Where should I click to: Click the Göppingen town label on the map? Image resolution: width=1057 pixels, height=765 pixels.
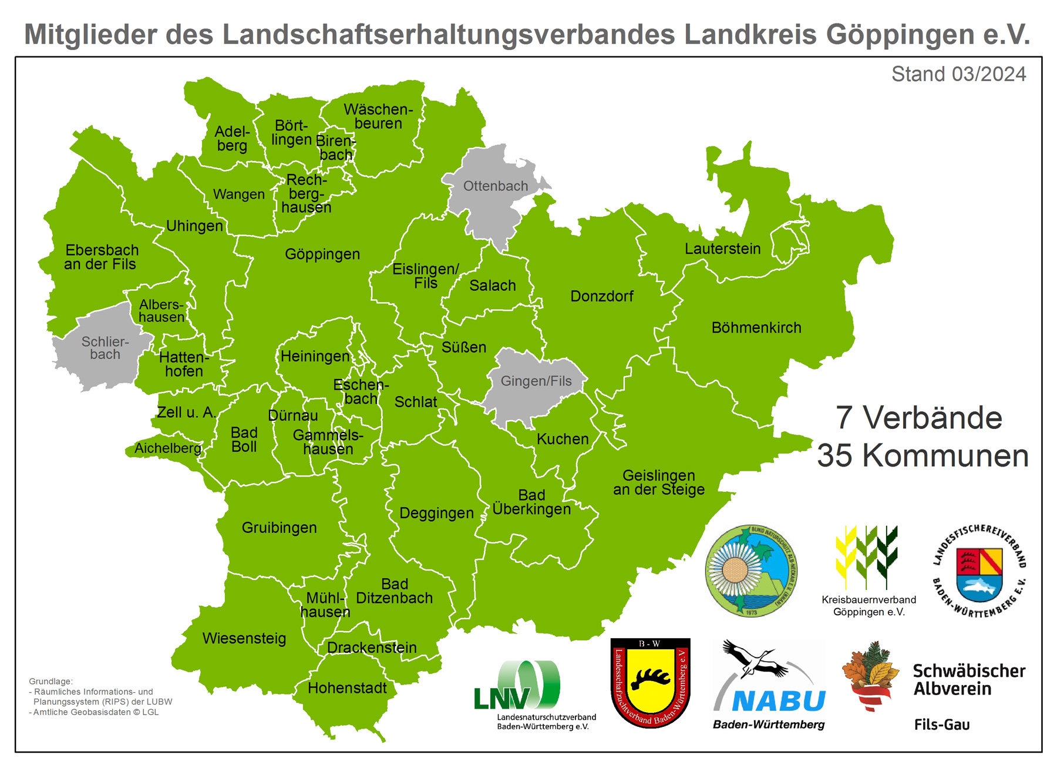(322, 254)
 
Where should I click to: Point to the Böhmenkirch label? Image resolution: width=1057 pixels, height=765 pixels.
(756, 328)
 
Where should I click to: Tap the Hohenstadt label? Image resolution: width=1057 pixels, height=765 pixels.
(347, 688)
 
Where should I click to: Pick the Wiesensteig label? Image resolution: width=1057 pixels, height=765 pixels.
(244, 638)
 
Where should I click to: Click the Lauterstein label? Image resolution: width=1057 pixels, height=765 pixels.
(722, 249)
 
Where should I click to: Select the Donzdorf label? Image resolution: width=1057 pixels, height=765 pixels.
(602, 296)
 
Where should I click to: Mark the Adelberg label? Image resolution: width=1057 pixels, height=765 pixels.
(232, 139)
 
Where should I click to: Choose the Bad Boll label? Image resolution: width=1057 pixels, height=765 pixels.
(244, 439)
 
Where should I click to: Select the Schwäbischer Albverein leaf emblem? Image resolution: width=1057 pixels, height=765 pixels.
(870, 676)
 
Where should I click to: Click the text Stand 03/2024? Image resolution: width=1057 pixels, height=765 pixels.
(958, 75)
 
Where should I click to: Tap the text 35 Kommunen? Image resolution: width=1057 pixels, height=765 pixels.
(923, 456)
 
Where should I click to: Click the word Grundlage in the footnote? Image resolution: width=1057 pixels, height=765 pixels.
(51, 682)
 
